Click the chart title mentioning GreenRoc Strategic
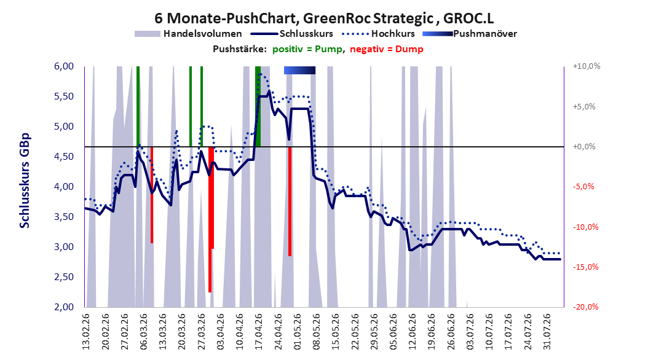[x=324, y=18]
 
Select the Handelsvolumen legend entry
[x=188, y=34]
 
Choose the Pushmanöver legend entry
[x=470, y=34]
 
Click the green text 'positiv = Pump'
[x=307, y=49]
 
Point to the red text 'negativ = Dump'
[x=387, y=49]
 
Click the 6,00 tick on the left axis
[x=64, y=66]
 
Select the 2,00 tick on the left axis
[x=64, y=307]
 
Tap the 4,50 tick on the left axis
[x=64, y=157]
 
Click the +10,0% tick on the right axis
[x=587, y=66]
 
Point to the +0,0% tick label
[x=584, y=147]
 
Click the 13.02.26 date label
[x=86, y=332]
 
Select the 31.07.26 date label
[x=547, y=332]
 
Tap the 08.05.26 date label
[x=317, y=332]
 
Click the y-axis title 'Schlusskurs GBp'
[x=25, y=181]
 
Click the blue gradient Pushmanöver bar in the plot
[x=299, y=70]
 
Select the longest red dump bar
[x=210, y=220]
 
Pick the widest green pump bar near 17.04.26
[x=258, y=106]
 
